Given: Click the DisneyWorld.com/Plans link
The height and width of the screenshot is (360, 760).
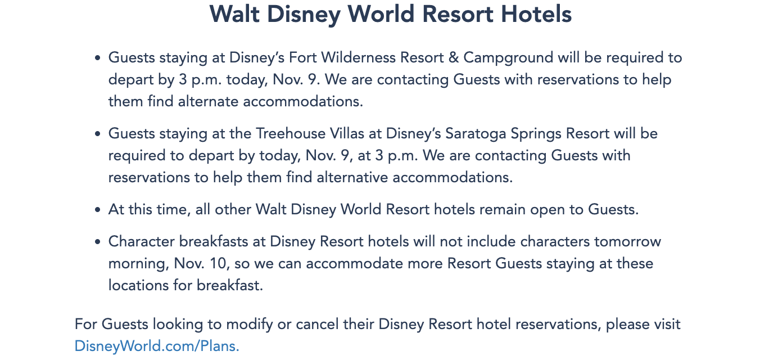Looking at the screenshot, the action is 157,346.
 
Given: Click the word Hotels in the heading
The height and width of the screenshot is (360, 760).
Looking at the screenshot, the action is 536,14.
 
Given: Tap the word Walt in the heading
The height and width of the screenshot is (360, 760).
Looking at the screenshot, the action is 234,14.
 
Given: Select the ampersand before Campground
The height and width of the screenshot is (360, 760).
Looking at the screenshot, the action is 454,57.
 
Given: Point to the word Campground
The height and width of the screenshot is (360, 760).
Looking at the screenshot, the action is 508,58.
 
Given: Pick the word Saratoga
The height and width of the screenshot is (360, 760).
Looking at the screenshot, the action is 476,134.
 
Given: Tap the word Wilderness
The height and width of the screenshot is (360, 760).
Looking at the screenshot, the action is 358,57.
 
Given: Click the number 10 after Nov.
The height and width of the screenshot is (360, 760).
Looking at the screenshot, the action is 218,264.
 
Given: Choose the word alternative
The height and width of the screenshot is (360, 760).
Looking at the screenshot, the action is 352,177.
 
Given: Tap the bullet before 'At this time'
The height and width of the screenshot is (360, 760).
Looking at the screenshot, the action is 98,210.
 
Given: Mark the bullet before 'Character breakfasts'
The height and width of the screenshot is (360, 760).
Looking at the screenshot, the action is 98,242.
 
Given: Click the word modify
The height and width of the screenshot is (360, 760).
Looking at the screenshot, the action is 250,325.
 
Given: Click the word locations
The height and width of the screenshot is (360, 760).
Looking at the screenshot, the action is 138,285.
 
